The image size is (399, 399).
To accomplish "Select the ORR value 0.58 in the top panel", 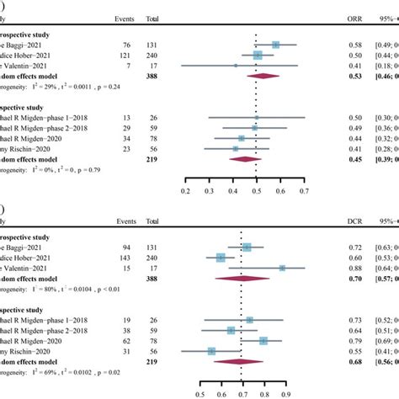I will click(x=335, y=44).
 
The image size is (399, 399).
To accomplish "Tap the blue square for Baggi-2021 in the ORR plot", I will click(x=276, y=44).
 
